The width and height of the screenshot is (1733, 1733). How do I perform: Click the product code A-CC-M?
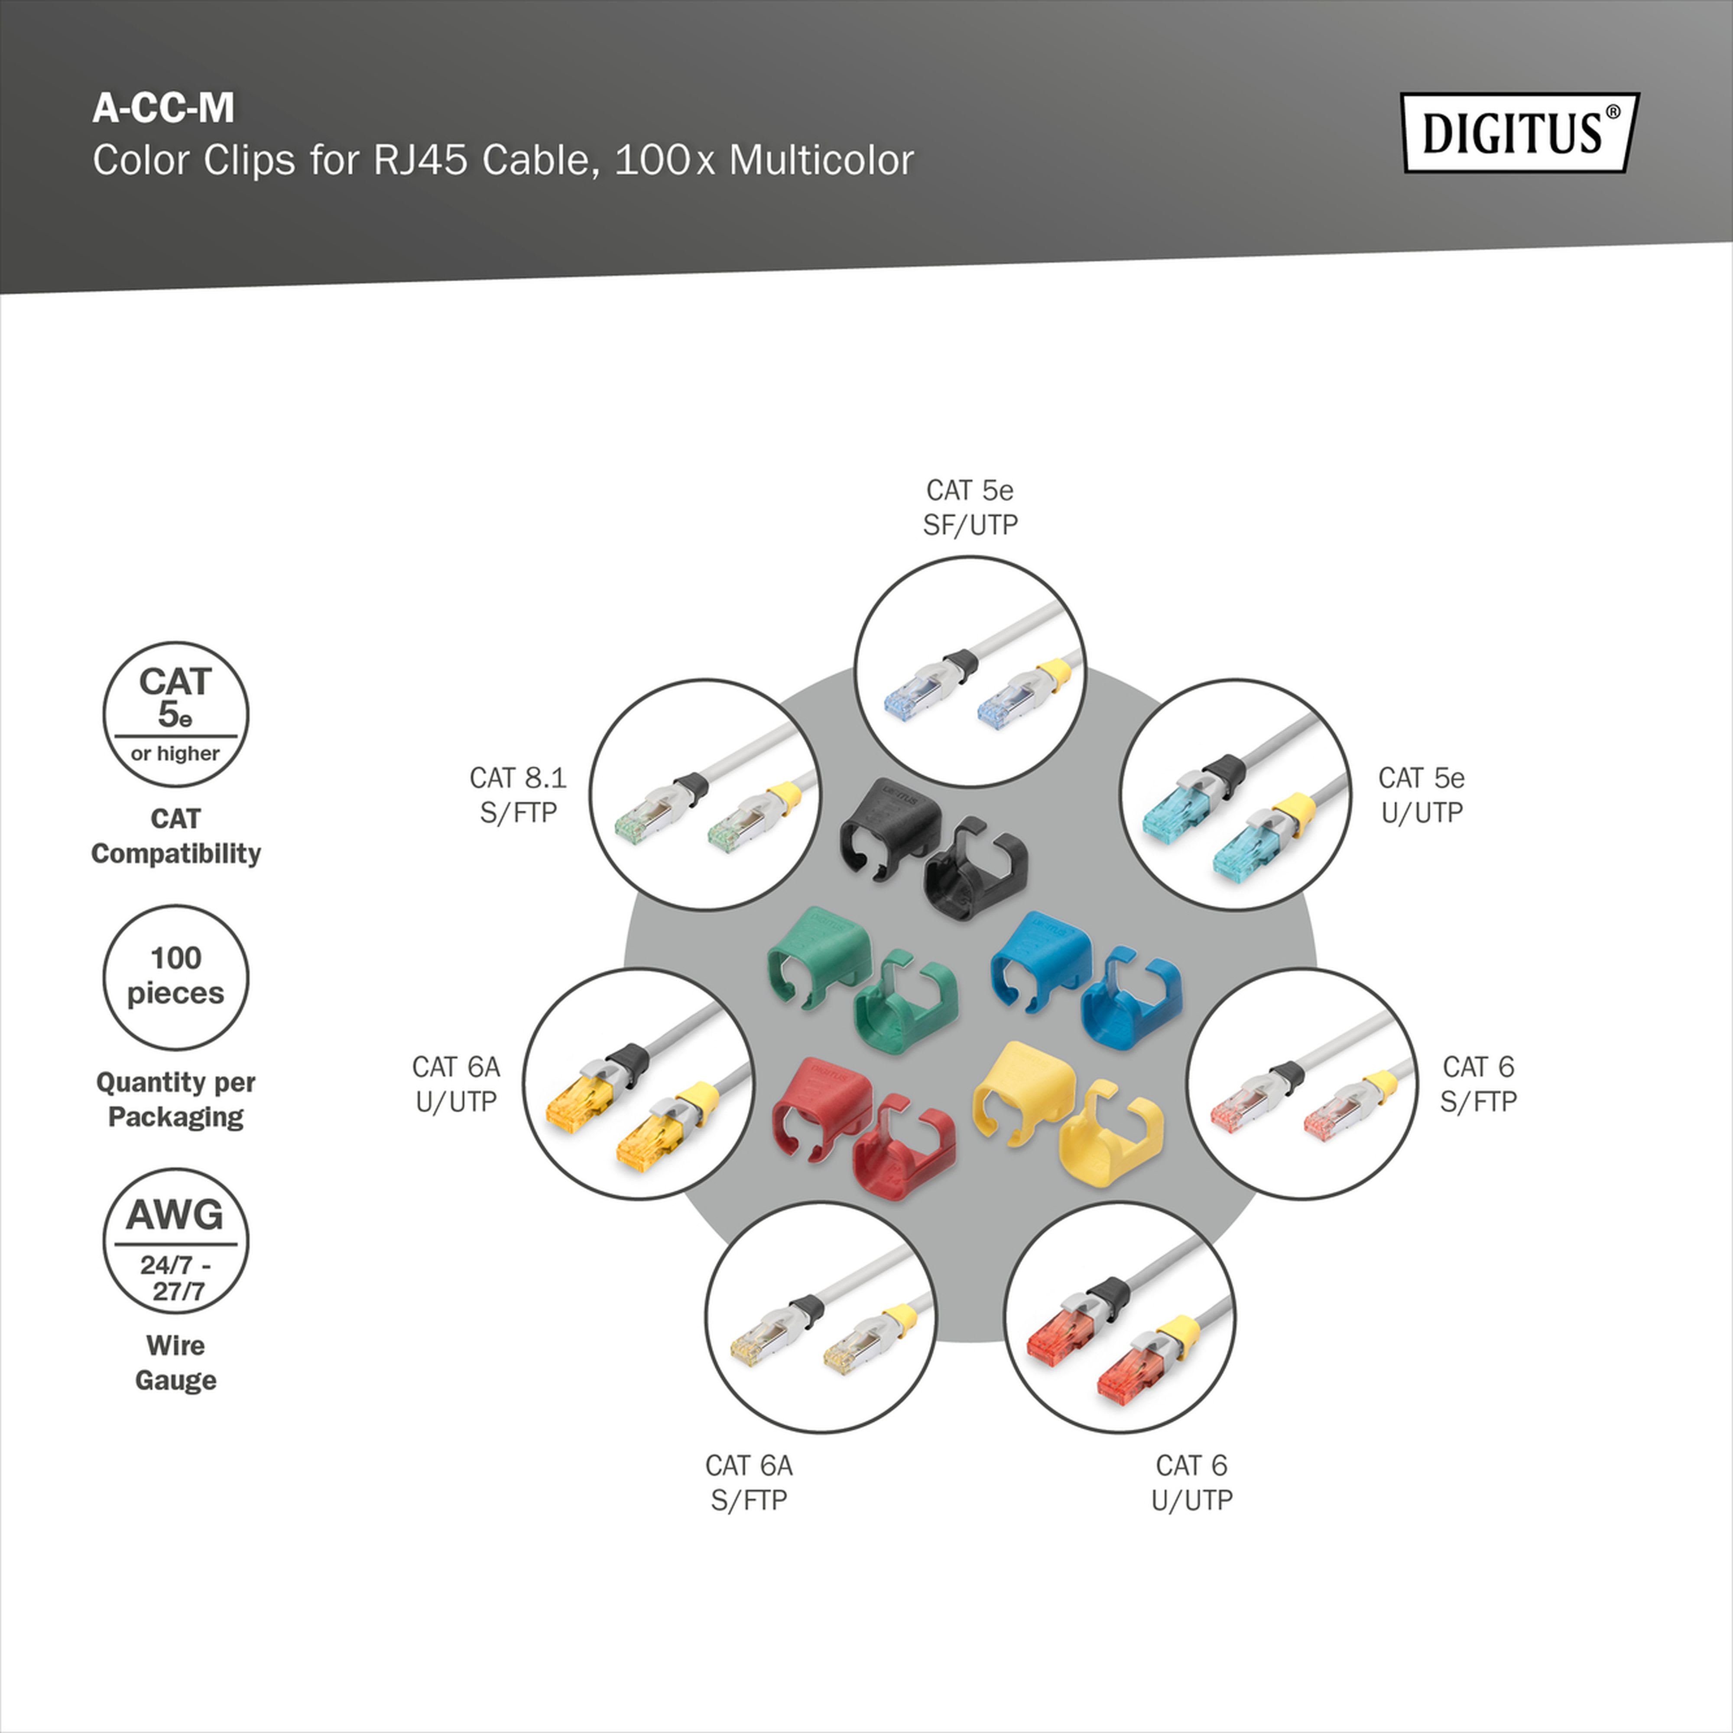click(163, 107)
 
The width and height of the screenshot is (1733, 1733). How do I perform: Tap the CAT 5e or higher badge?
click(176, 714)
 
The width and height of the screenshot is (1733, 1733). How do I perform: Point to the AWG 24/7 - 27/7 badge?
click(176, 1240)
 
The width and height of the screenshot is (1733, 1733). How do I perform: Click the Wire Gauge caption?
click(176, 1363)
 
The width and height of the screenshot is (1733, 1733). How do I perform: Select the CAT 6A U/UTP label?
click(457, 1084)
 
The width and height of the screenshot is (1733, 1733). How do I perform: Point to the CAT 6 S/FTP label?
click(1478, 1084)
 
